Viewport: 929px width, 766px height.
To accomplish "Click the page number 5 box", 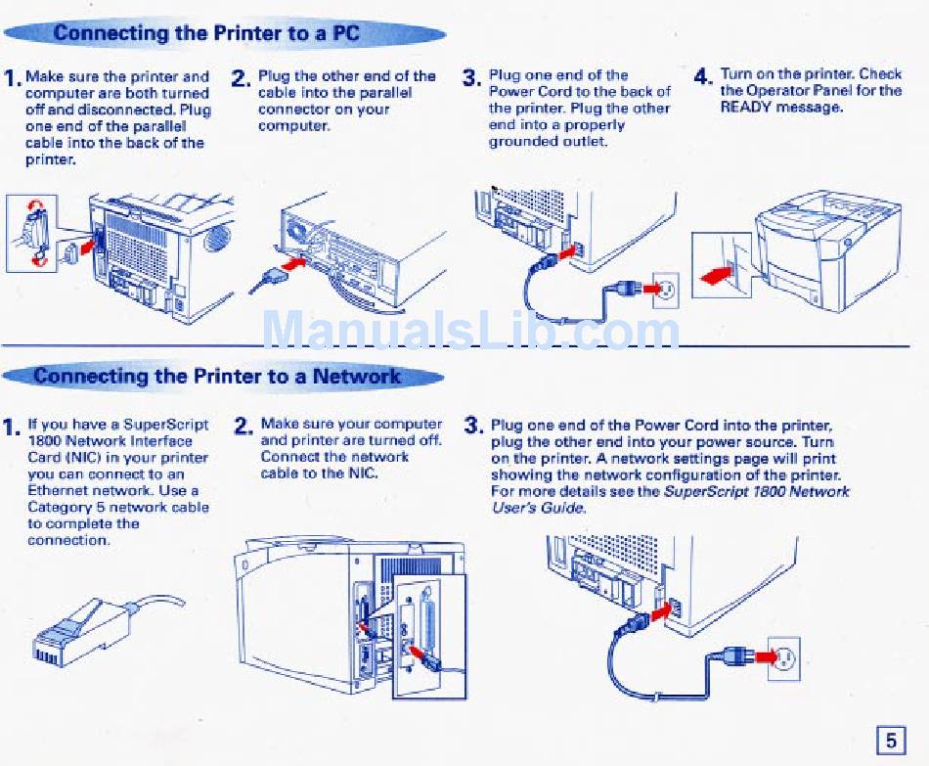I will [x=890, y=741].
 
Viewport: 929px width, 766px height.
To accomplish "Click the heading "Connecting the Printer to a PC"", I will [x=206, y=33].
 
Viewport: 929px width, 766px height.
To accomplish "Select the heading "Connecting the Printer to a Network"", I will [x=217, y=377].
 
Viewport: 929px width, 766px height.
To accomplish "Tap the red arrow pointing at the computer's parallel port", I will [x=295, y=264].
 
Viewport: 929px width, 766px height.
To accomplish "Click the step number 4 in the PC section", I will [x=703, y=76].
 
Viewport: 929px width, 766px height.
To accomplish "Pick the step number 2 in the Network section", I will [x=244, y=427].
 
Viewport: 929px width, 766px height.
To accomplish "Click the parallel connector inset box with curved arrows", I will [x=31, y=233].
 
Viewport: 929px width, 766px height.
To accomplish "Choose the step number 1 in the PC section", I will [x=12, y=78].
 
